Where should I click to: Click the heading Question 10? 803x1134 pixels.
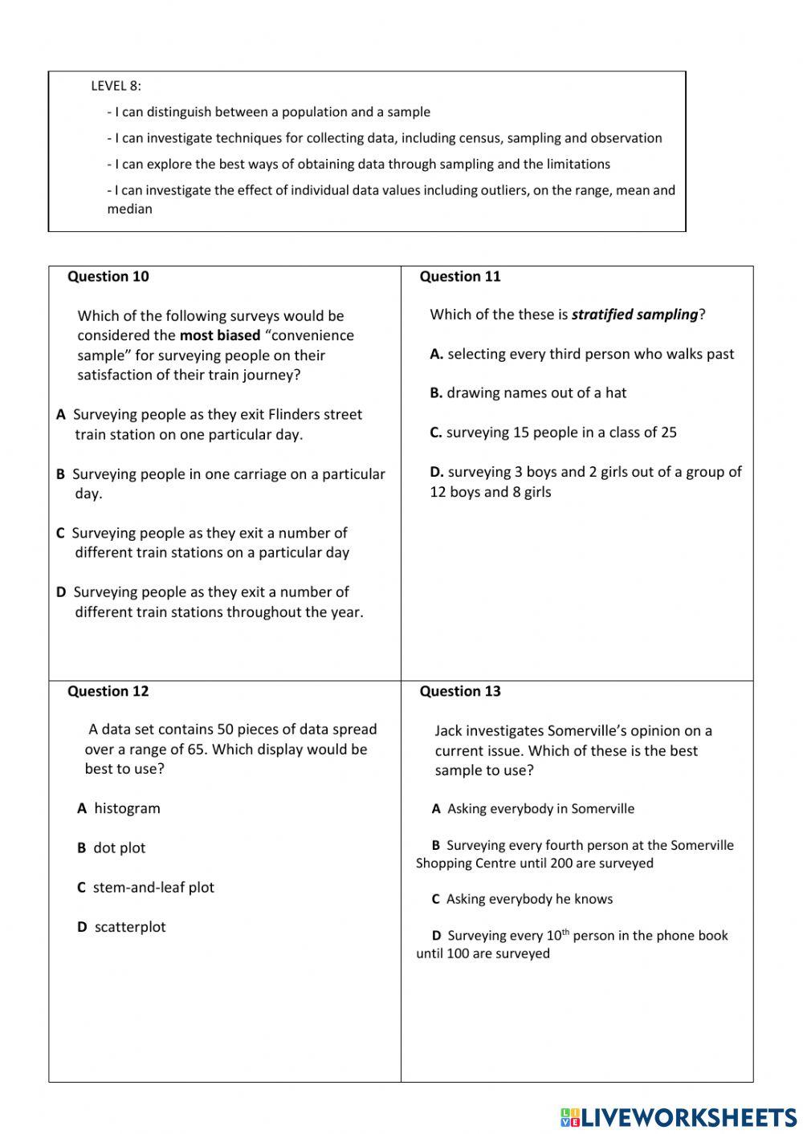click(x=108, y=277)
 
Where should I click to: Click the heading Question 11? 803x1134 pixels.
click(x=459, y=277)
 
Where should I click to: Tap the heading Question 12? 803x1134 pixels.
click(x=108, y=692)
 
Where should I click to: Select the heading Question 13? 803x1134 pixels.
click(x=459, y=692)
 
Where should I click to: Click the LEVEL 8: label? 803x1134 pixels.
click(x=116, y=86)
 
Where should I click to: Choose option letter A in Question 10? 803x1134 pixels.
click(x=61, y=415)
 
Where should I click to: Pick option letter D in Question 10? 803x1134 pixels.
click(x=61, y=592)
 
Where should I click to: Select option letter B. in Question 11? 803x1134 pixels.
click(x=436, y=393)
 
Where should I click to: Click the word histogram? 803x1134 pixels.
click(x=127, y=808)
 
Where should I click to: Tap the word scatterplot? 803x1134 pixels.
click(x=130, y=927)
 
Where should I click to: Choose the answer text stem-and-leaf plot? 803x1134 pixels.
click(x=153, y=888)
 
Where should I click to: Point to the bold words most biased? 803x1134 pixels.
click(x=219, y=335)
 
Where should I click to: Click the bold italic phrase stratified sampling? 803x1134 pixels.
click(x=634, y=315)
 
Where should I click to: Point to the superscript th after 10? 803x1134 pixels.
click(x=565, y=932)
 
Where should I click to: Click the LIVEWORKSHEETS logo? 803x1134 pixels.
click(x=679, y=1118)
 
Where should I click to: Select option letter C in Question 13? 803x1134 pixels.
click(x=436, y=900)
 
